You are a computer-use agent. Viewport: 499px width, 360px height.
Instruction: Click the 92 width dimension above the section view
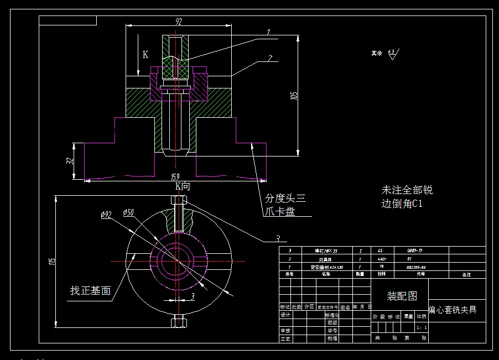179,22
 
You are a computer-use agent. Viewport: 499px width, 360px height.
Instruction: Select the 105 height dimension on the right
294,95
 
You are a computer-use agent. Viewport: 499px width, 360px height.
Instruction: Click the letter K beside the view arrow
145,55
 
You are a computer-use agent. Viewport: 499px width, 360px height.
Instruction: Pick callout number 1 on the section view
268,33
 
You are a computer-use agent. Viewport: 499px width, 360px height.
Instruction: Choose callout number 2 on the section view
269,58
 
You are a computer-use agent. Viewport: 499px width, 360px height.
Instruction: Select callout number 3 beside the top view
278,239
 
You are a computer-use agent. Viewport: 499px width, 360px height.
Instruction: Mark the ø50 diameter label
127,212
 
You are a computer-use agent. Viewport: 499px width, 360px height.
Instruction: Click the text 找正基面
90,290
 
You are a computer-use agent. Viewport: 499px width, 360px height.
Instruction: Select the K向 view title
183,186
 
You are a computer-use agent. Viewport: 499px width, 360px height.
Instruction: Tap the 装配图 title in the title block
402,296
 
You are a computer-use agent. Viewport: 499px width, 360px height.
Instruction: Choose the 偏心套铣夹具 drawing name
453,310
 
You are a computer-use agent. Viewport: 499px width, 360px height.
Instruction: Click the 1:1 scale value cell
421,327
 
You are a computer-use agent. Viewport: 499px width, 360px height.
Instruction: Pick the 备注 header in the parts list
466,274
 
